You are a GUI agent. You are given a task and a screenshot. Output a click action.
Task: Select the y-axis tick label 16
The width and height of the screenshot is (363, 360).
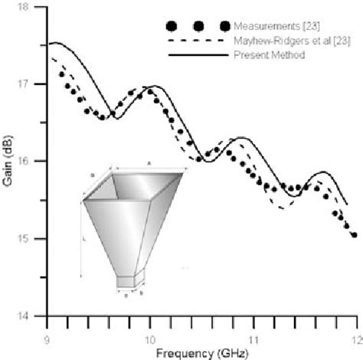click(32, 162)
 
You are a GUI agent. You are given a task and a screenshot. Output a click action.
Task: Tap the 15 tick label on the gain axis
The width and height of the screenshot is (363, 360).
click(32, 239)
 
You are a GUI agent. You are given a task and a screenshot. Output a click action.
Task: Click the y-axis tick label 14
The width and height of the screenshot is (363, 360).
click(32, 316)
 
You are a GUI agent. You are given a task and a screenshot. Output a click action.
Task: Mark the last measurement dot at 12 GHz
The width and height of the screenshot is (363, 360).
click(353, 235)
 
